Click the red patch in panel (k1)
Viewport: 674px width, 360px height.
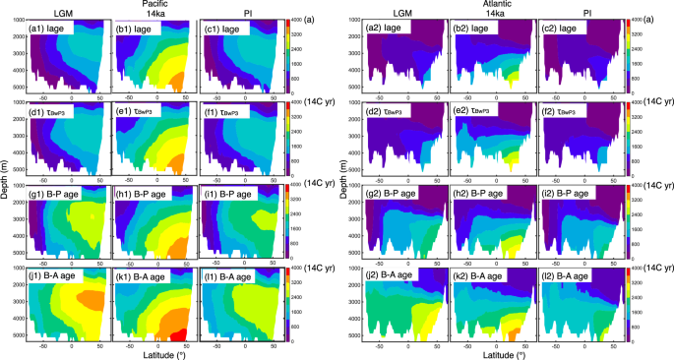[179, 334]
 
